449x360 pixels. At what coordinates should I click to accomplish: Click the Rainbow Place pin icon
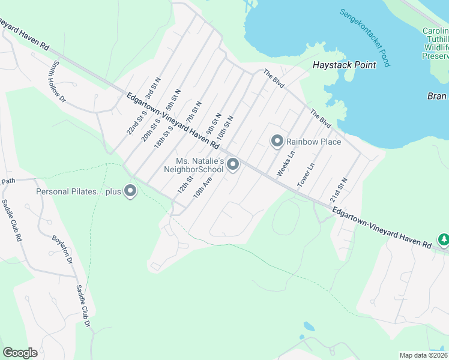(277, 141)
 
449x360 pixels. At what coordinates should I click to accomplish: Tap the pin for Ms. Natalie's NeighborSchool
(233, 164)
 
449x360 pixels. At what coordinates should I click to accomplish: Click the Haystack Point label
(345, 65)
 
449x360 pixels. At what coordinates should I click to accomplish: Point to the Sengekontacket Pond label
(365, 37)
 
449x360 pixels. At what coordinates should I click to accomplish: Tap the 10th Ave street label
(203, 187)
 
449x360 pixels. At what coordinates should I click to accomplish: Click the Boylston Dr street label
(62, 249)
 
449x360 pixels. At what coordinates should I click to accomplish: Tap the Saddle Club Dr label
(83, 305)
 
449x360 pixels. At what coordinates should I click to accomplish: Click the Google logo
(20, 353)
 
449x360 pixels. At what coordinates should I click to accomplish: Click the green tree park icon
(444, 240)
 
